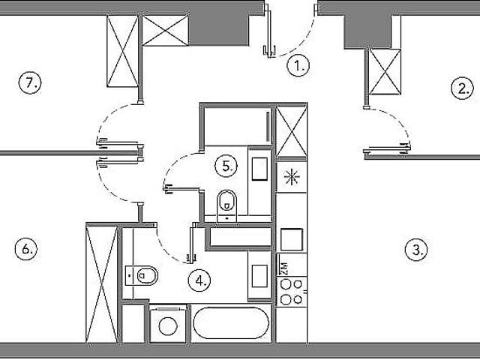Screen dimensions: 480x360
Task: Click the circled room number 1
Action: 298,65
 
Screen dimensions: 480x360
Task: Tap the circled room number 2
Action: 462,88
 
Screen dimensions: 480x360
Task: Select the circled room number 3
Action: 416,250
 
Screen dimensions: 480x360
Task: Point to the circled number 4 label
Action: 199,280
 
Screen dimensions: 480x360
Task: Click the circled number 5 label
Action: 226,166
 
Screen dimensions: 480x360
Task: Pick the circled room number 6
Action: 26,248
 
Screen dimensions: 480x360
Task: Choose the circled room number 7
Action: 30,82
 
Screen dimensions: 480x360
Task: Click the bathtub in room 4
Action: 231,323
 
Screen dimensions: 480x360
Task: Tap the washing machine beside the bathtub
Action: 168,324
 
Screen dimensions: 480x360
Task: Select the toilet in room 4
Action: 142,275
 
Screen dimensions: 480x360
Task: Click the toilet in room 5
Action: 226,205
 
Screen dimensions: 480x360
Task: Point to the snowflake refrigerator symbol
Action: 292,177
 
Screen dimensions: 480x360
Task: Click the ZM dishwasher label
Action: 284,268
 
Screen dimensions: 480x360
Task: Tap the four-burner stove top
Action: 292,292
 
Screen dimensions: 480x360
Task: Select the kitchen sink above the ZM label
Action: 292,239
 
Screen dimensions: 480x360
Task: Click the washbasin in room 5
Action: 259,169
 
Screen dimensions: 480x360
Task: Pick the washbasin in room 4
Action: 259,276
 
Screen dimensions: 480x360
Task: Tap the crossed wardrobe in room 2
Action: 385,72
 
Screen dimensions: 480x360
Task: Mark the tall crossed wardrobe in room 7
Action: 122,51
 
